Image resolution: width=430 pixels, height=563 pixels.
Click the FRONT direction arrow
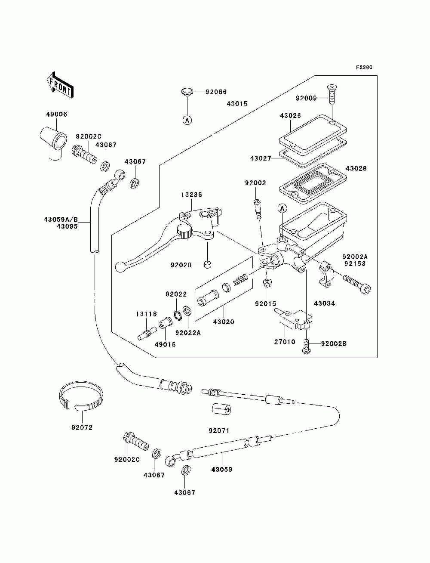click(x=60, y=85)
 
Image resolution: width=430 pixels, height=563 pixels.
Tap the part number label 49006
click(x=57, y=114)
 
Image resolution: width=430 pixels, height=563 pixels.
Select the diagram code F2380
click(x=364, y=68)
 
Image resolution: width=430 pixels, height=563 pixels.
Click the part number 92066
click(x=216, y=92)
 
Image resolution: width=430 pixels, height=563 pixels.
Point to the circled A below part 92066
click(x=187, y=120)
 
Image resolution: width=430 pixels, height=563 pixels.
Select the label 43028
click(x=356, y=169)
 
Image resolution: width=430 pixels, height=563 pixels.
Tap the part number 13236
click(x=191, y=195)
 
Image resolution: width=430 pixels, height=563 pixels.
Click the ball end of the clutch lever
click(x=120, y=266)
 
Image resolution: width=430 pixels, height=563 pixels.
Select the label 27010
click(x=285, y=342)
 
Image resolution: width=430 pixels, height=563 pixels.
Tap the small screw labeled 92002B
click(x=306, y=346)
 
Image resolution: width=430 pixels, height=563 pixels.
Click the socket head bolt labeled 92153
click(x=357, y=285)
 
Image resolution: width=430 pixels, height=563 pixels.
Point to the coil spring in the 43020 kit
click(x=240, y=278)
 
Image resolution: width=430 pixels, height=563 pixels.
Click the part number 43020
click(x=224, y=322)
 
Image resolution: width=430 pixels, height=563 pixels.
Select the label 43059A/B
click(x=61, y=220)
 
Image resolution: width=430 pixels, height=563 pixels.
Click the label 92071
click(x=219, y=431)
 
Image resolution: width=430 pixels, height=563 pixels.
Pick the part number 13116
click(x=146, y=314)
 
